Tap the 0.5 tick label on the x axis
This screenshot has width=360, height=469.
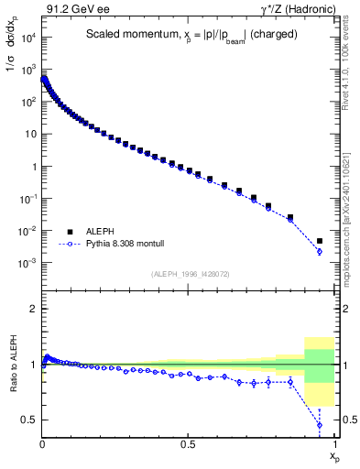[188, 443]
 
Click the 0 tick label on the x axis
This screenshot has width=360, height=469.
[42, 443]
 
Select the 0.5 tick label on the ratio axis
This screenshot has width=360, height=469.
[27, 420]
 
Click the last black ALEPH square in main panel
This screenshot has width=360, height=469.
[319, 241]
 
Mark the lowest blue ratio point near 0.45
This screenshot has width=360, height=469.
[319, 425]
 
